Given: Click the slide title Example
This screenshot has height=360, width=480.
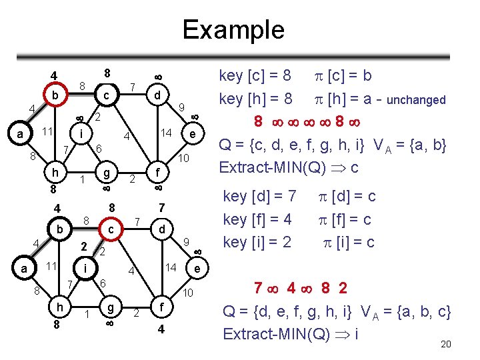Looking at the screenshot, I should pyautogui.click(x=233, y=29).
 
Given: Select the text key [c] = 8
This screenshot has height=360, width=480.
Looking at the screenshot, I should pyautogui.click(x=255, y=77).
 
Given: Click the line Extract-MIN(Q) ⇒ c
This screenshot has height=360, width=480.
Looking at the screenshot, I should pyautogui.click(x=289, y=166).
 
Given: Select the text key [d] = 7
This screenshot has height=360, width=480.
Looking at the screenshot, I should pyautogui.click(x=259, y=197).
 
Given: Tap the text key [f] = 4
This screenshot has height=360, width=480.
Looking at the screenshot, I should pyautogui.click(x=257, y=219).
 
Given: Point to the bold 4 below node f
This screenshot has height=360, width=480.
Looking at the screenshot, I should pyautogui.click(x=161, y=329).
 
